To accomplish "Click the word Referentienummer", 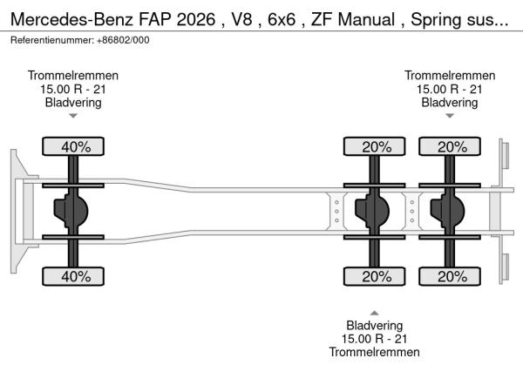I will click(x=51, y=40).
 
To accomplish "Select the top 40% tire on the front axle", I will click(x=75, y=147).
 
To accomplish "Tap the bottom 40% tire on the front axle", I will click(x=75, y=277).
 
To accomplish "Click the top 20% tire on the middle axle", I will click(x=376, y=147).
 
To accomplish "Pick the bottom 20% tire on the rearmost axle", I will click(x=452, y=277).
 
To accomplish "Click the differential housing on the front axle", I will click(x=72, y=212).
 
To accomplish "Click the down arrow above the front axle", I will click(x=73, y=116).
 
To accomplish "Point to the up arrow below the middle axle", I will click(x=375, y=312).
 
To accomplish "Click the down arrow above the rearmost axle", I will click(x=450, y=116).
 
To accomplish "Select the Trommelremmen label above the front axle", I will click(x=73, y=76).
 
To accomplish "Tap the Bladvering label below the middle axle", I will click(x=375, y=325).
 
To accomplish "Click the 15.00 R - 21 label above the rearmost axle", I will click(x=450, y=89).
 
